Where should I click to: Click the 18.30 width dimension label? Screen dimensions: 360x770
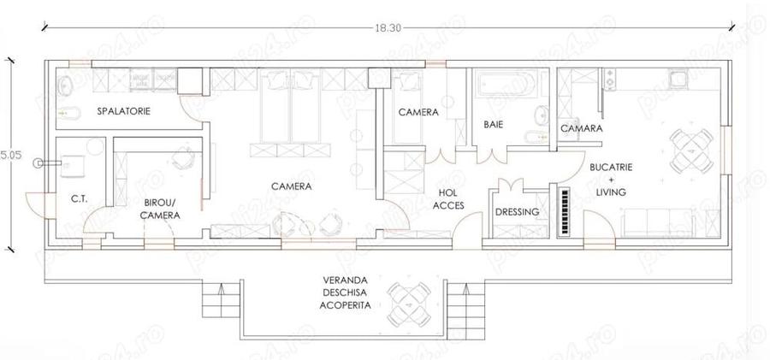[x=385, y=27]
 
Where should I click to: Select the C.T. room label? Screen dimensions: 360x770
[x=81, y=199]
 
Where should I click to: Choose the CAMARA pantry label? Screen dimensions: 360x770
[x=582, y=128]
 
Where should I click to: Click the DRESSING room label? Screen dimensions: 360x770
[x=517, y=211]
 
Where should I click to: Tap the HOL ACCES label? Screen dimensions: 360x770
[x=448, y=199]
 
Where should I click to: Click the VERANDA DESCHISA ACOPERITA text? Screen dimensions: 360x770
[x=346, y=292]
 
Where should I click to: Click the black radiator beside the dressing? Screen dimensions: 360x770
[x=564, y=210]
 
